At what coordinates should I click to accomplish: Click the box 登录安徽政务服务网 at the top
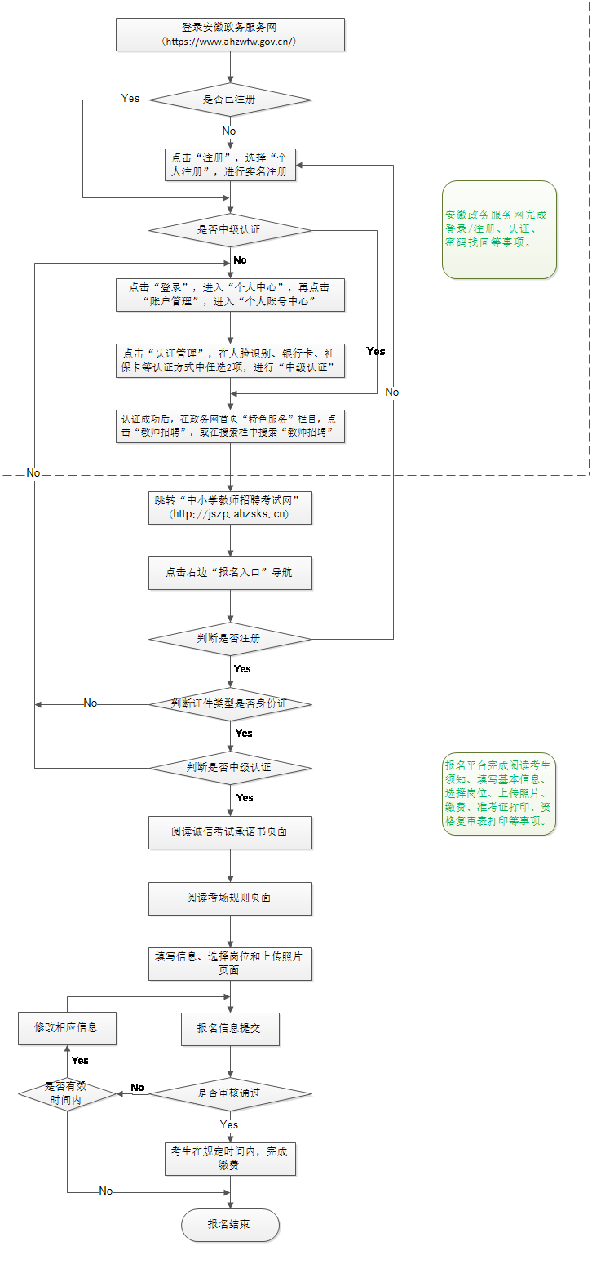click(x=231, y=34)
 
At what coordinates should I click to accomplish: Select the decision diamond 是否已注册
click(x=231, y=100)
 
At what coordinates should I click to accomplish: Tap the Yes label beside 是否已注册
click(x=130, y=99)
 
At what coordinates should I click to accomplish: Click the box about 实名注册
click(x=231, y=165)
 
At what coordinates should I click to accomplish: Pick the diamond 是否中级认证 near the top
click(x=231, y=230)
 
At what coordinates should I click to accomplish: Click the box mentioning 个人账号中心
click(x=231, y=295)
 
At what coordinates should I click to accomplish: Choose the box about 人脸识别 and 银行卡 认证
click(x=231, y=361)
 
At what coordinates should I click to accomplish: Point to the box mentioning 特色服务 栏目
click(x=231, y=426)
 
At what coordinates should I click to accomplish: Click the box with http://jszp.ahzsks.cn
click(x=231, y=508)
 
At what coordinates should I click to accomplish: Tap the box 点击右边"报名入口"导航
click(x=231, y=573)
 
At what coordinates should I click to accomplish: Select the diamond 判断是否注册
click(x=231, y=638)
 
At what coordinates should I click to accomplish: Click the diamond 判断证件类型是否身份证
click(x=231, y=703)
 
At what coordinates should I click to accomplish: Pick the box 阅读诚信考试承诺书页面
click(x=231, y=833)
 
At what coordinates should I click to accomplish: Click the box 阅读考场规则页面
click(x=231, y=898)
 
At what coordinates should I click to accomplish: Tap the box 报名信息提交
click(x=231, y=1029)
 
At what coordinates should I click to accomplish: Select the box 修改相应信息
click(x=68, y=1029)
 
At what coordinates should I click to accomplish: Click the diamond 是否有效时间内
click(x=68, y=1094)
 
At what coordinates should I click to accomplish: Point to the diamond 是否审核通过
click(x=231, y=1093)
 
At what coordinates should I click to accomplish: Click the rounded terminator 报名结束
click(x=231, y=1225)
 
